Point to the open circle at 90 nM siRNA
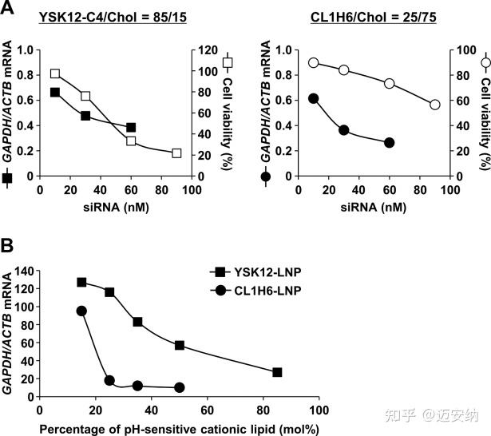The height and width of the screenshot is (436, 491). coord(435,105)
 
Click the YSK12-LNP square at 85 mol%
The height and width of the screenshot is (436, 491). coord(277,372)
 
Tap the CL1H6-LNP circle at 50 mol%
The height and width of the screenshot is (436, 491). coord(180,387)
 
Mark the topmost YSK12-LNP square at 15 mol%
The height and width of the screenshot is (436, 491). coord(81,282)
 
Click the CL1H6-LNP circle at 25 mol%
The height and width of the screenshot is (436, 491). coord(109,381)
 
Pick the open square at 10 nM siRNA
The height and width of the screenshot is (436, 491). coord(55,73)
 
